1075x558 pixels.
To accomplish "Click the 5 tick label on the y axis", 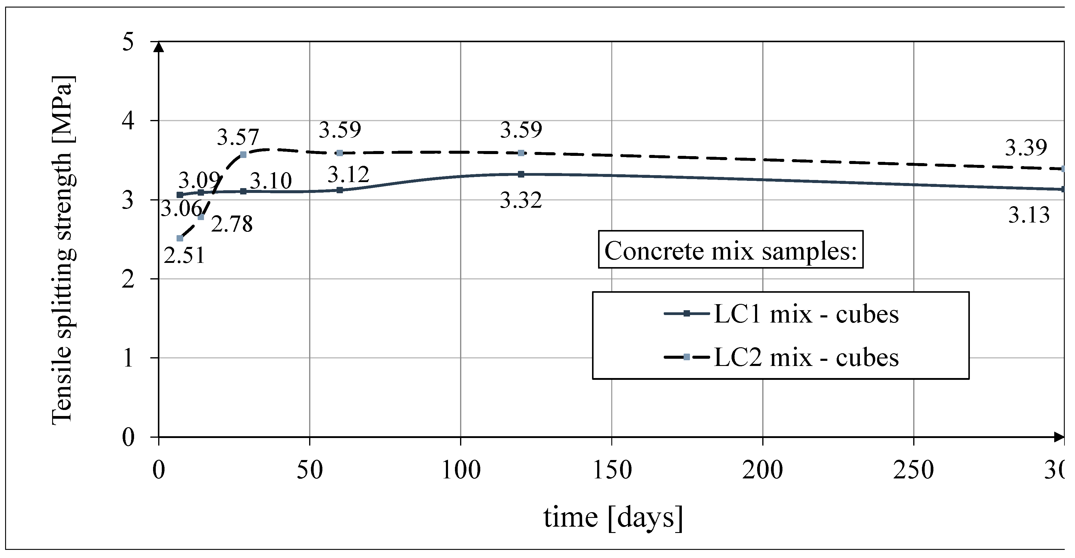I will [x=128, y=42].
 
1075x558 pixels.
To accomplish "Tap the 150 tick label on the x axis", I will [x=612, y=470].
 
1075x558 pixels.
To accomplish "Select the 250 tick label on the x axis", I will [x=914, y=470].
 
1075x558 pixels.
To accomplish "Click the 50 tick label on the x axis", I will [x=310, y=470].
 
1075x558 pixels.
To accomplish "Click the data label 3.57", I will [x=238, y=137].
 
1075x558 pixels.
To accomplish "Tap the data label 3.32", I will [x=521, y=200].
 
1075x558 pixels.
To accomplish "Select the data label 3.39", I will [x=1026, y=147].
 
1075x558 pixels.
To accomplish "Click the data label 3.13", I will [x=1029, y=215].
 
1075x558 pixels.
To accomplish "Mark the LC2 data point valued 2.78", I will [x=201, y=217].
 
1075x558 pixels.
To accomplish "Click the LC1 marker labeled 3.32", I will [x=521, y=174].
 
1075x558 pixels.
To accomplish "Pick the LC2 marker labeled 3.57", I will [x=243, y=155].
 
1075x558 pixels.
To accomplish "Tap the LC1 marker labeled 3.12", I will [x=340, y=190].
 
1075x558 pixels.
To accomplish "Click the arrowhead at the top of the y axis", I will [x=158, y=47].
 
